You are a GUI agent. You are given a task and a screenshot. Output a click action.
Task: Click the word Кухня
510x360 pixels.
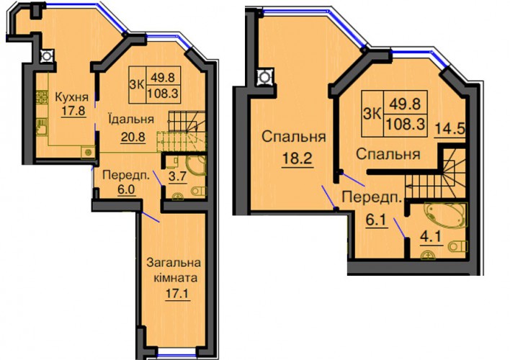(x=71, y=97)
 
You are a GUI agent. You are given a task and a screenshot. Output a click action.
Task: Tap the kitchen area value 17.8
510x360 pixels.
(x=73, y=111)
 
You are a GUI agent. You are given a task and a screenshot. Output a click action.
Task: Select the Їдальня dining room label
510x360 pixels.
(x=131, y=119)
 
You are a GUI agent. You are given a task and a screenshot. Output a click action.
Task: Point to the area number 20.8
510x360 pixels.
(x=133, y=138)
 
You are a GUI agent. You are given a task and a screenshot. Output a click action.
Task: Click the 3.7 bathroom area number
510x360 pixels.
(x=178, y=176)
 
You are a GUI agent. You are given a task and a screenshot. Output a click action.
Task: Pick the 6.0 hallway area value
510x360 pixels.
(x=126, y=189)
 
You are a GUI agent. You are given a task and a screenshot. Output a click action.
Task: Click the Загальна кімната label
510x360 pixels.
(x=174, y=270)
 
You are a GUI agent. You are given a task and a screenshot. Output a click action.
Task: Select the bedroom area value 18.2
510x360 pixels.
(x=297, y=158)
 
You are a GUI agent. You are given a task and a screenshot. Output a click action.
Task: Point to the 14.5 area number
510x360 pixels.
(x=450, y=129)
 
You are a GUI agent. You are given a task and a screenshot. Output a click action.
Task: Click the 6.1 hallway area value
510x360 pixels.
(x=377, y=220)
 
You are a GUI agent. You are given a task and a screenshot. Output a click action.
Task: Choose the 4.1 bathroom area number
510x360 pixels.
(x=432, y=237)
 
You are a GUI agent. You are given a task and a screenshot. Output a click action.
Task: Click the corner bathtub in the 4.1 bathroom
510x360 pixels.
(x=445, y=215)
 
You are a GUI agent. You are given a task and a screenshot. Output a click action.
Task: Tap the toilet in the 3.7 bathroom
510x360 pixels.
(x=198, y=191)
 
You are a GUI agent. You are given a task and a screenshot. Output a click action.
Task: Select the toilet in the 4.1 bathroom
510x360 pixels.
(x=458, y=246)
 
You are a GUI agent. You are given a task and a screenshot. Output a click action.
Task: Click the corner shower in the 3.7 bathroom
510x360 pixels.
(x=196, y=165)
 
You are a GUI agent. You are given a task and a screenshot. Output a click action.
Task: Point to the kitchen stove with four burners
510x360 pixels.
(x=42, y=96)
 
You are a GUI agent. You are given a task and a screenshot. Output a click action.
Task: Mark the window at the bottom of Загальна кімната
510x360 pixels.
(x=177, y=353)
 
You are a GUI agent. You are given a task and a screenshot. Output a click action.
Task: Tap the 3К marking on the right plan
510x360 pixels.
(x=372, y=114)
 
